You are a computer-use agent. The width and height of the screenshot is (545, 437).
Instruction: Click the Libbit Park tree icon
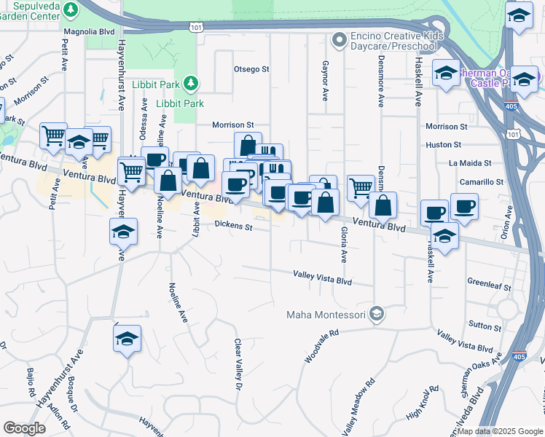pos(191,83)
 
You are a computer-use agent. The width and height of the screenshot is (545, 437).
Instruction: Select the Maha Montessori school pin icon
pos(376,315)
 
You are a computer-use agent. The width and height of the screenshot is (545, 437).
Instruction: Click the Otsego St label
pos(251,69)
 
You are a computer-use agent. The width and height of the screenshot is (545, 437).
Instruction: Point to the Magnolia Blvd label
pos(90,32)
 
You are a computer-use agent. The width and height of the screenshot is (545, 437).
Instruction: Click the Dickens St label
pos(233,227)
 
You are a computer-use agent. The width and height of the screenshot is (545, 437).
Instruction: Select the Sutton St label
pos(485,326)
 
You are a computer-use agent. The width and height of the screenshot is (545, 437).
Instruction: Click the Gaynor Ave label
pos(325,80)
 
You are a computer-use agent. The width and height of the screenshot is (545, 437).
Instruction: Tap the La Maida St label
pos(470,163)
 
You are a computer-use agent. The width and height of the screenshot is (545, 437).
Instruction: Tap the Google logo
pos(24,428)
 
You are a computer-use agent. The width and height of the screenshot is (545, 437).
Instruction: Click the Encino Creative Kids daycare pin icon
pos(338,38)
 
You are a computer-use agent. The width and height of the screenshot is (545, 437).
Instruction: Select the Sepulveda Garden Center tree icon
pos(71,9)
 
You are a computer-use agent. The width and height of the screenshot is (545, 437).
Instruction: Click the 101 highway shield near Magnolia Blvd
pos(196,27)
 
